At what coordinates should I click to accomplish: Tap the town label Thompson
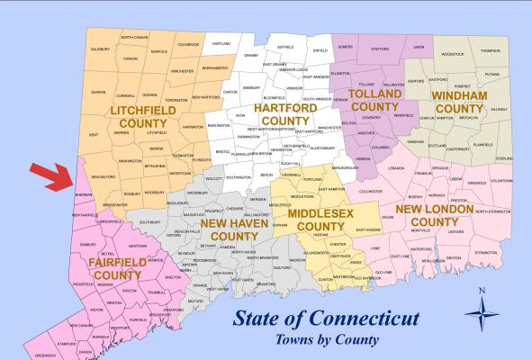tap(490, 51)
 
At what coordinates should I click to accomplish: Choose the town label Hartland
tap(221, 43)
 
